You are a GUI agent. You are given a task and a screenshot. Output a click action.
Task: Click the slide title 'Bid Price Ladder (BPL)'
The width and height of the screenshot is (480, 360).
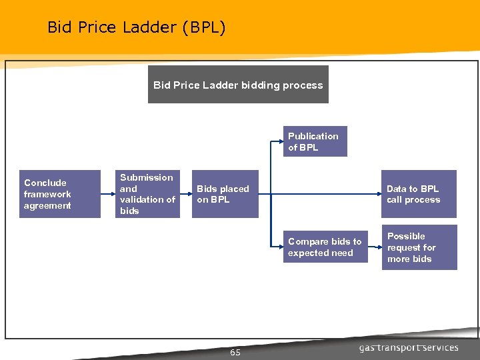coord(137,27)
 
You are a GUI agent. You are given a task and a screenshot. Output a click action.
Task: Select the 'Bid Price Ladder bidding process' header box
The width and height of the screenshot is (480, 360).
coord(238,85)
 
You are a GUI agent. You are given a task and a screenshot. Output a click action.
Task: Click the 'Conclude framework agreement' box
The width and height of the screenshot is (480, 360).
coord(59,194)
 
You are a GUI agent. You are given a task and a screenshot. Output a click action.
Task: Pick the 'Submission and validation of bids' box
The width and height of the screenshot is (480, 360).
coord(147,194)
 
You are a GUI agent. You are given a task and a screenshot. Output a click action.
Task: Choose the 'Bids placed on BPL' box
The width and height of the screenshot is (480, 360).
coord(223,194)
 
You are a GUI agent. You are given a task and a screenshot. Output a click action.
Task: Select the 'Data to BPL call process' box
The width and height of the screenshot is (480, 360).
coord(419,194)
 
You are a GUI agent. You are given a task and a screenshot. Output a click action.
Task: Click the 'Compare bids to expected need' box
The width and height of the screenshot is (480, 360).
coord(325,247)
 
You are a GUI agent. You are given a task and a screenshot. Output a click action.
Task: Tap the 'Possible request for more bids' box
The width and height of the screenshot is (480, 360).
coord(419,247)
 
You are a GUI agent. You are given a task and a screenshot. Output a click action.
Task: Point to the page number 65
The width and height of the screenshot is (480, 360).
coord(235,352)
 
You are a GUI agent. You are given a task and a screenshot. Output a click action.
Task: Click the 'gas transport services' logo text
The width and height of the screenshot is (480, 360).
coord(409,347)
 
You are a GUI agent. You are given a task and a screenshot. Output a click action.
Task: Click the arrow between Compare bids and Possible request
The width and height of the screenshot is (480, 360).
coord(375,247)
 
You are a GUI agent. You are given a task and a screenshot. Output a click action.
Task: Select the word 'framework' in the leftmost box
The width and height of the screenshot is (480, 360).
coord(47,194)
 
